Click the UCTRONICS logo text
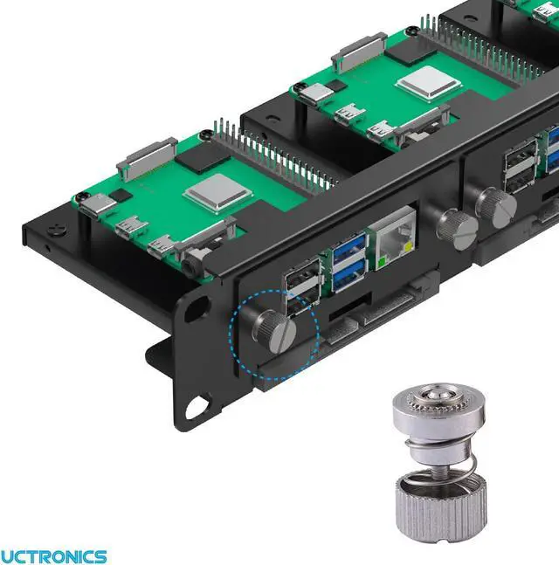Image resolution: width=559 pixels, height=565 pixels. click(x=53, y=556)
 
